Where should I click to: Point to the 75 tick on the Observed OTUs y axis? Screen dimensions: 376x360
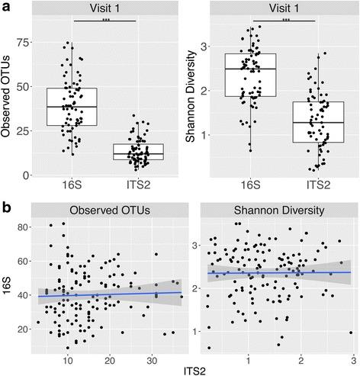pos(28,44)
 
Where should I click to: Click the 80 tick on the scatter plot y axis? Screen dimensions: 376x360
pos(24,227)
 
